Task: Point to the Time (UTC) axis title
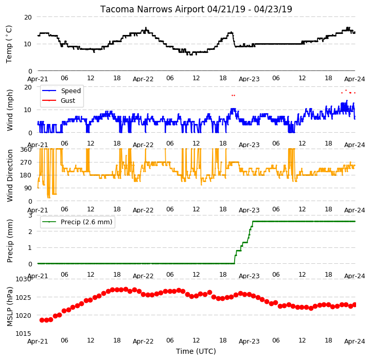pyautogui.click(x=196, y=351)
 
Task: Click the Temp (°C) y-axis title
pyautogui.click(x=9, y=44)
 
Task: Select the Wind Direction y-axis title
pyautogui.click(x=10, y=175)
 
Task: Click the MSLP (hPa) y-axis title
pyautogui.click(x=10, y=307)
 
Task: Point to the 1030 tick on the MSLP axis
pyautogui.click(x=23, y=279)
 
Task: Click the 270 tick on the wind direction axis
pyautogui.click(x=26, y=163)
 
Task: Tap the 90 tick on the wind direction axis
pyautogui.click(x=28, y=188)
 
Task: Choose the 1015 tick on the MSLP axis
pyautogui.click(x=23, y=333)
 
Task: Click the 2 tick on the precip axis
pyautogui.click(x=30, y=231)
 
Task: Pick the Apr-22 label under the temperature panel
pyautogui.click(x=143, y=79)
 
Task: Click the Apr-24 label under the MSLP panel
pyautogui.click(x=355, y=341)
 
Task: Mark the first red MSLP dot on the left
pyautogui.click(x=42, y=320)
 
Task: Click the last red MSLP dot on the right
pyautogui.click(x=355, y=305)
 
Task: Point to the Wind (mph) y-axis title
pyautogui.click(x=10, y=110)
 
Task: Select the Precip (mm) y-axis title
pyautogui.click(x=10, y=241)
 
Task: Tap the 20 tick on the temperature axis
pyautogui.click(x=28, y=17)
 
